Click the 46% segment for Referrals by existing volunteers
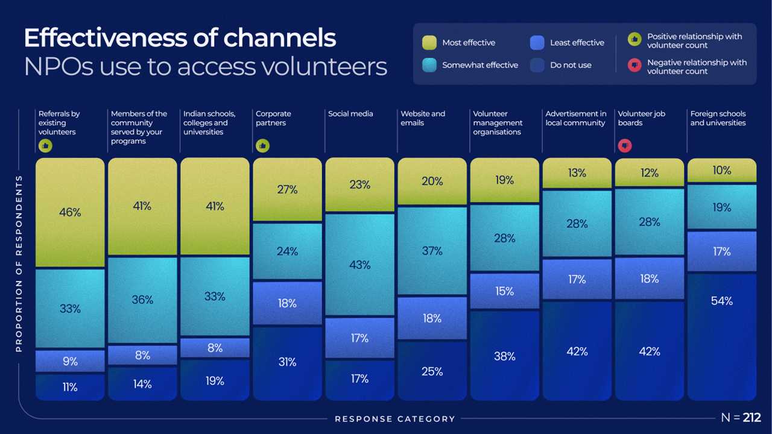click(70, 212)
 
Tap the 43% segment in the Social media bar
click(359, 265)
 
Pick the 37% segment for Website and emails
click(432, 251)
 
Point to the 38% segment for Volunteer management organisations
click(504, 356)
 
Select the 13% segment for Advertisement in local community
click(577, 174)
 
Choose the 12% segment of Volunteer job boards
click(650, 173)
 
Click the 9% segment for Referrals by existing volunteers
click(70, 361)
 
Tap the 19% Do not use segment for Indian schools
click(215, 380)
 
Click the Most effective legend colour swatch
click(429, 42)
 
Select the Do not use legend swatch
click(537, 65)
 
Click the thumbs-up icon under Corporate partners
click(262, 145)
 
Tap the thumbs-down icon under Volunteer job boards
click(625, 145)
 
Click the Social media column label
click(350, 114)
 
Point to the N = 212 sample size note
click(741, 418)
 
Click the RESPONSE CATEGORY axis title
click(395, 419)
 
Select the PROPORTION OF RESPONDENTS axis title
click(19, 263)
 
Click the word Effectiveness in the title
click(106, 38)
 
